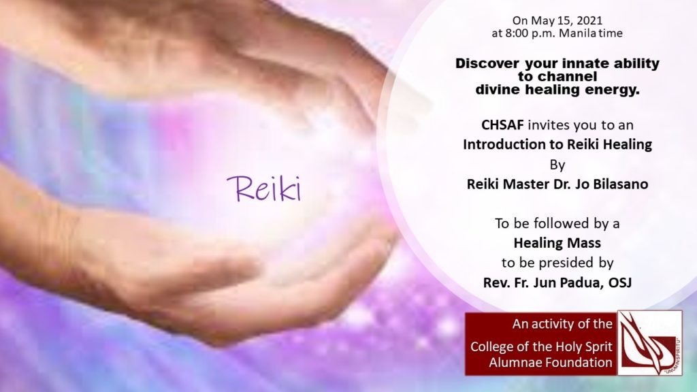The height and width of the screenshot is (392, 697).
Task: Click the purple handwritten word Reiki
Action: click(x=264, y=189)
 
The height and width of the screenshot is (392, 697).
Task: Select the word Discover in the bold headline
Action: click(x=487, y=63)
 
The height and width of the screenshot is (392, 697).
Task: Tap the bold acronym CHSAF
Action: click(x=502, y=125)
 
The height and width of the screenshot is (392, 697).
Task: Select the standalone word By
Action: click(x=557, y=165)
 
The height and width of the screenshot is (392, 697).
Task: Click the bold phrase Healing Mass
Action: click(x=557, y=243)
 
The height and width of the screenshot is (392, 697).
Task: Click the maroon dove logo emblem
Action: click(x=650, y=342)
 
